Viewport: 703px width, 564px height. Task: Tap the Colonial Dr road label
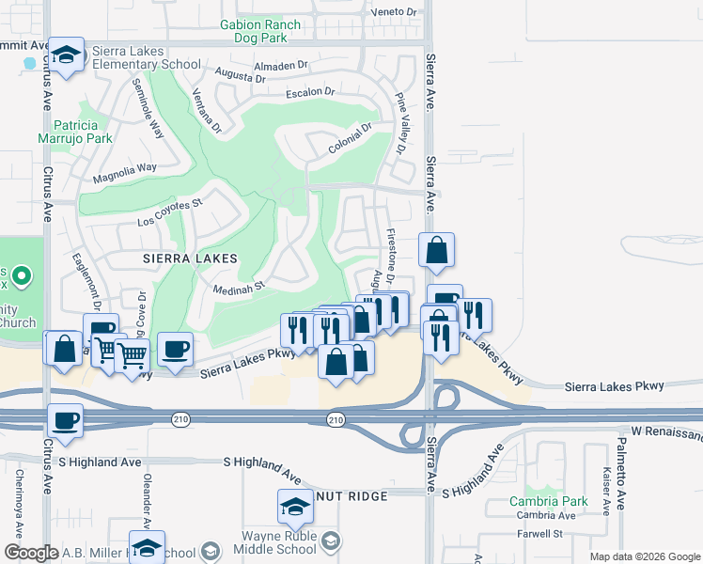(351, 141)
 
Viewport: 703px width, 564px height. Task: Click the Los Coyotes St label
(170, 211)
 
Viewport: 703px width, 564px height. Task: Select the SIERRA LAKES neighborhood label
(188, 257)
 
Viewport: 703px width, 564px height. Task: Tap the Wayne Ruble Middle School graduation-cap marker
(295, 509)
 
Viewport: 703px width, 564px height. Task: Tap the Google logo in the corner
(31, 553)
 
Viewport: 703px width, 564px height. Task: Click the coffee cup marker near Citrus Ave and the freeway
(65, 421)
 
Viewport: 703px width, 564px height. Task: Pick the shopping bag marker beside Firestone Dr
(437, 251)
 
